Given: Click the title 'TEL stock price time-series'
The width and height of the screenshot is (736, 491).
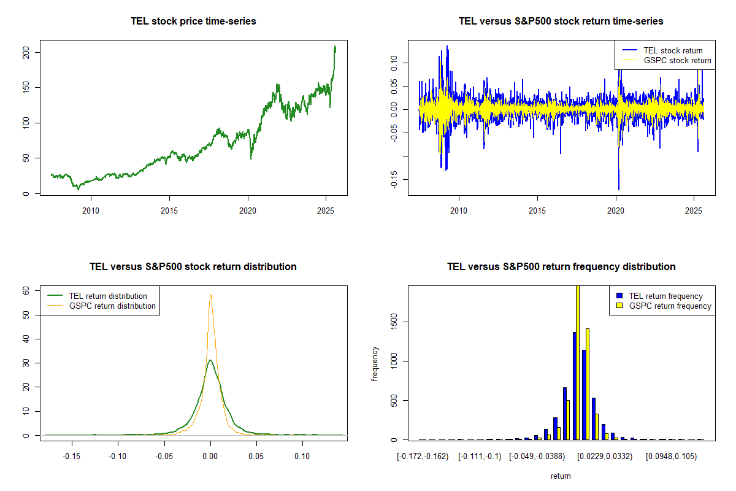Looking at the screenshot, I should click(x=193, y=21).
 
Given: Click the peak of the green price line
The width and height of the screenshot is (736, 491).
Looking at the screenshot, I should click(x=335, y=47).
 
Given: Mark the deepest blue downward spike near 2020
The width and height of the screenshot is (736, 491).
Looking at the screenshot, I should click(x=618, y=189).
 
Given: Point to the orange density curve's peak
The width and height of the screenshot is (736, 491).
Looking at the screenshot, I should click(x=210, y=295).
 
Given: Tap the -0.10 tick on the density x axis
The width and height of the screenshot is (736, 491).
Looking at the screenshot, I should click(x=118, y=457).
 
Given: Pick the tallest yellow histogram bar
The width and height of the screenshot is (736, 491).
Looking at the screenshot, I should click(x=577, y=362).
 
